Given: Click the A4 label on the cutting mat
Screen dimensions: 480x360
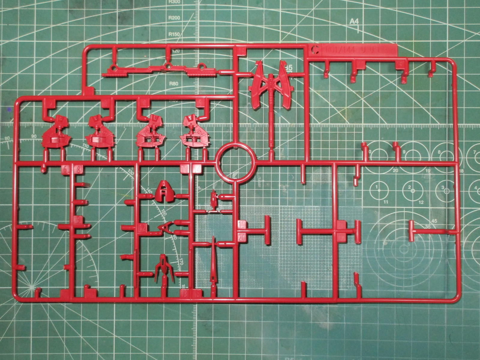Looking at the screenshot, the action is tap(354, 21).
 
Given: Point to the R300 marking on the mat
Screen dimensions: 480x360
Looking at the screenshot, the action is tap(174, 2).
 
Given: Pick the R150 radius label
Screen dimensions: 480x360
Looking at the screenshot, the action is tap(174, 34).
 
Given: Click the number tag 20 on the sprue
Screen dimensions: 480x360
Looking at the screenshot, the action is tap(241, 237).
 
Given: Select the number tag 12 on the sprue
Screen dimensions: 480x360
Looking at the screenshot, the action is tap(143, 228).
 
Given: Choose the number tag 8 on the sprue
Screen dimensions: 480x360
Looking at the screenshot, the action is tap(78, 170).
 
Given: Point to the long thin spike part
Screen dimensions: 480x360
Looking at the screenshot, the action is tap(213, 261).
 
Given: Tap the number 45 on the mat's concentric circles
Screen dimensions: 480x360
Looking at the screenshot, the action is tap(434, 221).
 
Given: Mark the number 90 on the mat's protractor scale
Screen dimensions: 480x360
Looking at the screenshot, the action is tap(34, 136).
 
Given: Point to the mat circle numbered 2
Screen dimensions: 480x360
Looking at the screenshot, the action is tap(409, 187).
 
